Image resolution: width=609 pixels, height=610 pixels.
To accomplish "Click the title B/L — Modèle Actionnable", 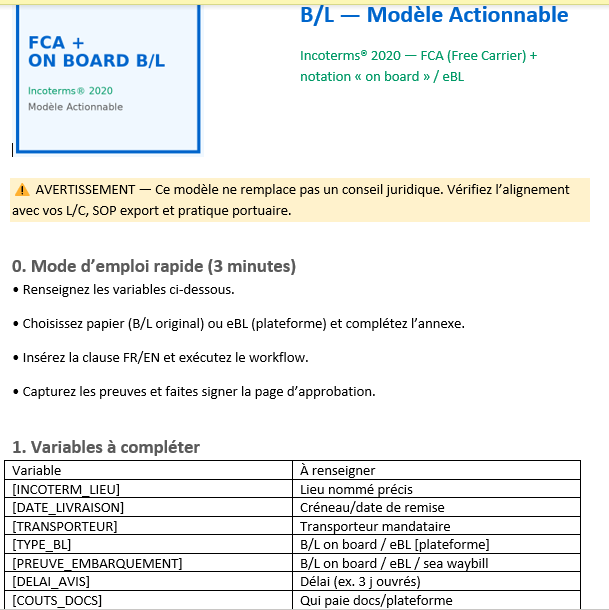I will (434, 15).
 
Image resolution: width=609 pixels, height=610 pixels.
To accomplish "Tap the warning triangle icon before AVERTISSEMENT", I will (21, 189).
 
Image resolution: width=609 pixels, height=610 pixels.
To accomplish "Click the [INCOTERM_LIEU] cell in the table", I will (66, 489).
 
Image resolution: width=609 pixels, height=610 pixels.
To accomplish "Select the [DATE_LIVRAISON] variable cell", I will (68, 507).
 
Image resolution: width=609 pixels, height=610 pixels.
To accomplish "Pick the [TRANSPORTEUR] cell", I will (65, 526).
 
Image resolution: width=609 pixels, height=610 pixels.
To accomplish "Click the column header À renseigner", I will (338, 470).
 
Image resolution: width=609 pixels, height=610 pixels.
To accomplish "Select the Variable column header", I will (36, 470).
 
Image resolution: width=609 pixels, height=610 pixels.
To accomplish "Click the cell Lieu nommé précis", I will (356, 489).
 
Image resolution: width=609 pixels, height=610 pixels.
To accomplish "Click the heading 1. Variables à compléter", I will (106, 447).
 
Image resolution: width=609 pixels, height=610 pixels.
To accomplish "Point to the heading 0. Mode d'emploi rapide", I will (154, 267).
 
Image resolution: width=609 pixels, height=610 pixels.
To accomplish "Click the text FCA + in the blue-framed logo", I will (56, 43).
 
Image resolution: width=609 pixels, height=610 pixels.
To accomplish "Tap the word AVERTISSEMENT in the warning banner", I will (85, 189).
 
